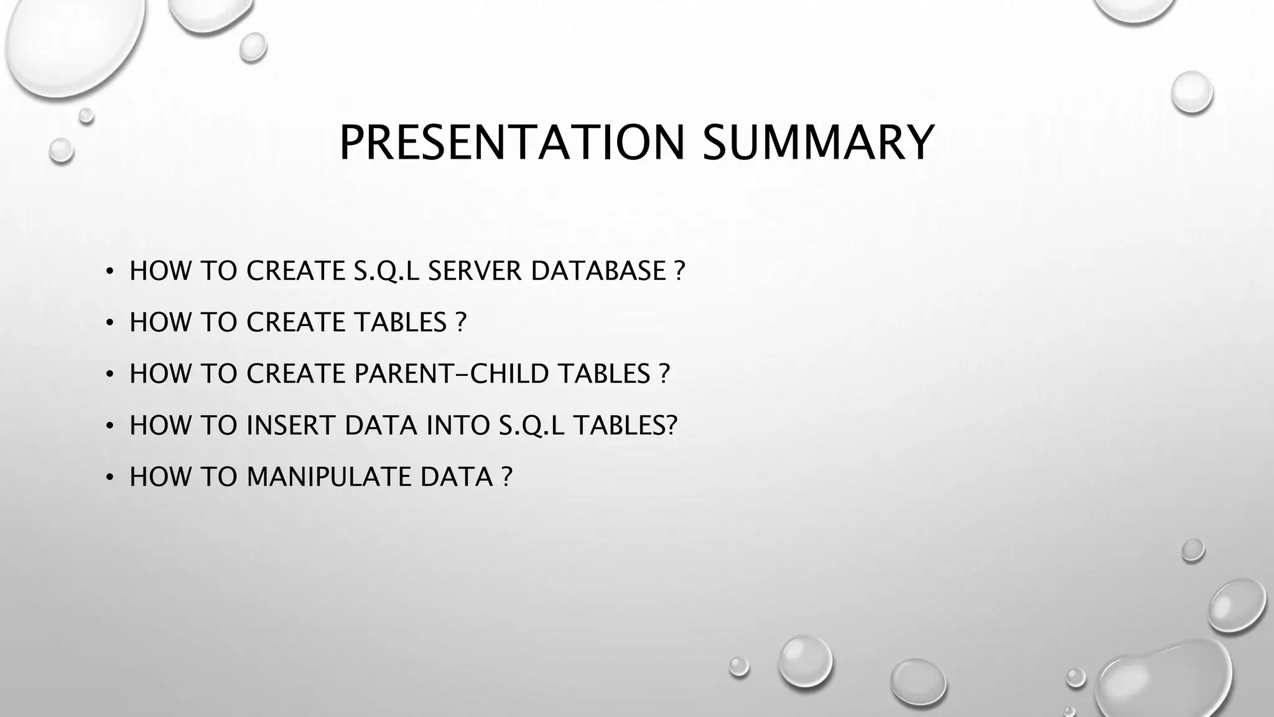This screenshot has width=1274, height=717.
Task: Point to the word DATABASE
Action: click(598, 271)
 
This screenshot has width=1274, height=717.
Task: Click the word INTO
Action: click(458, 425)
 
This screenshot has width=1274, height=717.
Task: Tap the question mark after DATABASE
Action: click(679, 271)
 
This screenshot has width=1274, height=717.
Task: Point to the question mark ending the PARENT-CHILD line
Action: click(664, 373)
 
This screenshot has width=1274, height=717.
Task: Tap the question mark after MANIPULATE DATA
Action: click(506, 477)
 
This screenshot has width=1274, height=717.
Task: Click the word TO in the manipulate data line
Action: click(219, 477)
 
